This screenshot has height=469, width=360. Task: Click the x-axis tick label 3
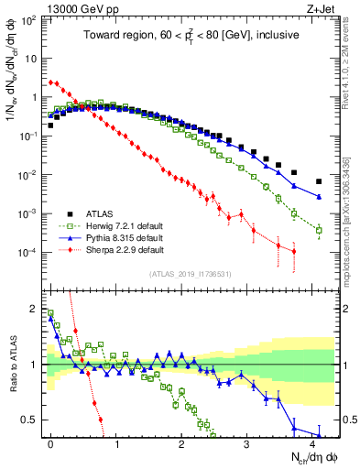246,442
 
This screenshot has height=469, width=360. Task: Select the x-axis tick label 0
50,442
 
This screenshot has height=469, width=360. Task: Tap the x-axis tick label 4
312,442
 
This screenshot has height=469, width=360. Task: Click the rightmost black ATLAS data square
319,181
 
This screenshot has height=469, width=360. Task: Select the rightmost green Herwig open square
319,231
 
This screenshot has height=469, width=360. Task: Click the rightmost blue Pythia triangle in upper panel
319,197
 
